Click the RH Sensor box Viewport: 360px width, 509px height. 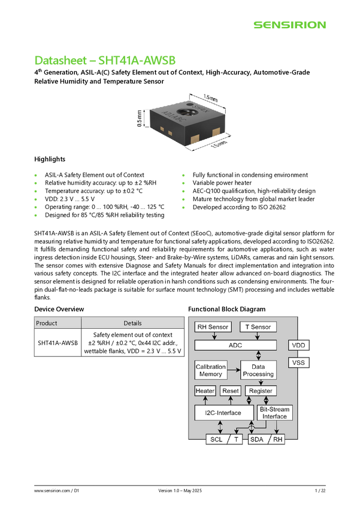(x=213, y=327)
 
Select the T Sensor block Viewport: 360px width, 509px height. (x=258, y=327)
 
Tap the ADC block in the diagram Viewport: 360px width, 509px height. (x=236, y=345)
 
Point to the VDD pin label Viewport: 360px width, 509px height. (x=299, y=346)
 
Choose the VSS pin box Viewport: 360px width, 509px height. (x=299, y=363)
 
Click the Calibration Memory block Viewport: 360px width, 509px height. (x=211, y=370)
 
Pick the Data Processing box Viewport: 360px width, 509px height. (x=258, y=370)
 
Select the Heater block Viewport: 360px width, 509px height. (x=205, y=391)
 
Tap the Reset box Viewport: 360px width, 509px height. (x=231, y=391)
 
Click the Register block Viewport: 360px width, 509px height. (x=261, y=391)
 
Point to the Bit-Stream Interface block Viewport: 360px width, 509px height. (x=275, y=413)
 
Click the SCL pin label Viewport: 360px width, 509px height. (x=216, y=439)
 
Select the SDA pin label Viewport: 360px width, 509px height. (x=257, y=439)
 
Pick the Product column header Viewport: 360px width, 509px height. (x=57, y=323)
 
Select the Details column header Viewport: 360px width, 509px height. (x=132, y=323)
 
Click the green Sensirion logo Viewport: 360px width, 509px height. (x=289, y=25)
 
